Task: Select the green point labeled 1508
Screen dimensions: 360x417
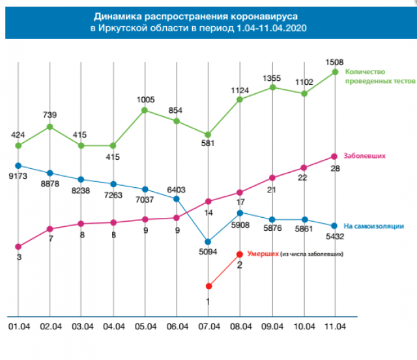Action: [335, 72]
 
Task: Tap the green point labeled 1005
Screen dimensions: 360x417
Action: [145, 110]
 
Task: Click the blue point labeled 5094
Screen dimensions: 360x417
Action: [208, 241]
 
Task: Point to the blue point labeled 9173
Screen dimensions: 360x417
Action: [18, 166]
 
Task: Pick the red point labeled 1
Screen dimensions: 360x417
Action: [208, 286]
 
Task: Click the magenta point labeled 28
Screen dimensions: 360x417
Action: [335, 156]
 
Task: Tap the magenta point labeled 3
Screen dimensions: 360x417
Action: [18, 247]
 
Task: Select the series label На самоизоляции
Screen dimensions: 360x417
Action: [374, 226]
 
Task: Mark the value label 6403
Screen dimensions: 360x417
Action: [176, 190]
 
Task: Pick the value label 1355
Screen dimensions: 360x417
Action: [272, 78]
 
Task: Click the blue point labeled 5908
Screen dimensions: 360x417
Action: [240, 213]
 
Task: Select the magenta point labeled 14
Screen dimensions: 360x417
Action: [208, 201]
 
